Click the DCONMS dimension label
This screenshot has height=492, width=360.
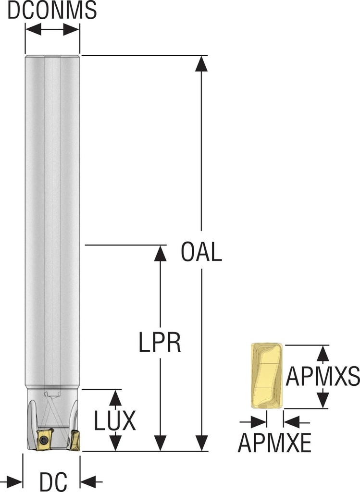pyautogui.click(x=52, y=10)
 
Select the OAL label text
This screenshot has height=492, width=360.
pyautogui.click(x=201, y=252)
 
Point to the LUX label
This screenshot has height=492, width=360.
pyautogui.click(x=115, y=420)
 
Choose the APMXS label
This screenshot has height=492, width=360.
pyautogui.click(x=323, y=376)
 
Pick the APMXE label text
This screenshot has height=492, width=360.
pyautogui.click(x=274, y=443)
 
